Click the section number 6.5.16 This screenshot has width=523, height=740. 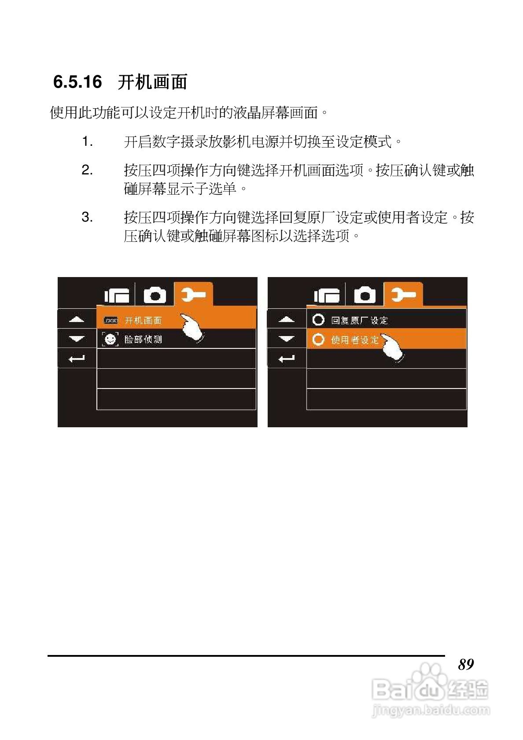(77, 82)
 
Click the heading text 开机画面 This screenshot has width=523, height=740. (152, 82)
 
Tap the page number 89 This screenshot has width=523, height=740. (466, 664)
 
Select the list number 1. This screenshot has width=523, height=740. (87, 141)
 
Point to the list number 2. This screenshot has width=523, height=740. (87, 170)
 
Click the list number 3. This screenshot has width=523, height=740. (87, 217)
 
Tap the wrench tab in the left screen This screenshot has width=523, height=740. (193, 294)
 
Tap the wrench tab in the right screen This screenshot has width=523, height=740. (403, 294)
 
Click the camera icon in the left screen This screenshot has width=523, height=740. (155, 295)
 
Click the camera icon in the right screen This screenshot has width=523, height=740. (365, 295)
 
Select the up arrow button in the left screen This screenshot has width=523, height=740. (77, 318)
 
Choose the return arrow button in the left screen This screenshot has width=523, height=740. (77, 359)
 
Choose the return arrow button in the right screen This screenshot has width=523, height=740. (287, 359)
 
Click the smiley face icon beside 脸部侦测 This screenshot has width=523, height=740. (110, 339)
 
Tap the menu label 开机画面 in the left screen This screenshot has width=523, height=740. (143, 320)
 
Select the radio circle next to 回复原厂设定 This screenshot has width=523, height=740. (318, 320)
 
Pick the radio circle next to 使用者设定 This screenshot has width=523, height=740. (318, 339)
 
